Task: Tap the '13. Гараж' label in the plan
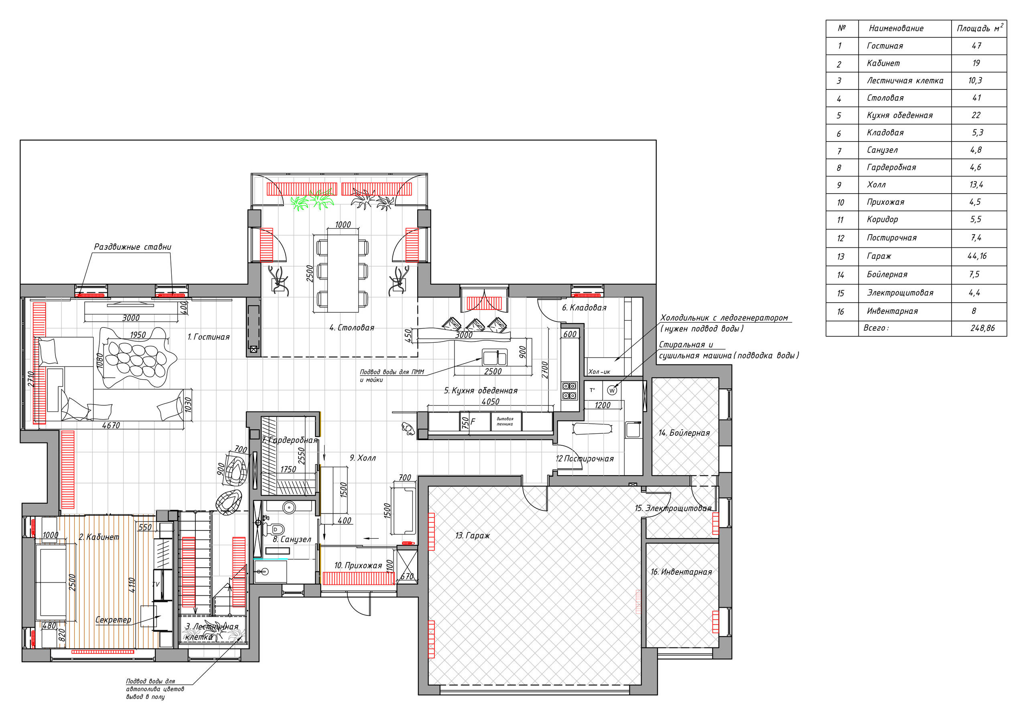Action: click(472, 536)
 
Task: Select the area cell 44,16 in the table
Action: click(976, 256)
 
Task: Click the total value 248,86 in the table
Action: click(982, 328)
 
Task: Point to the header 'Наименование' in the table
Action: click(896, 28)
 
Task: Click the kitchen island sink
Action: click(495, 358)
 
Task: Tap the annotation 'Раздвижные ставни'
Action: click(132, 247)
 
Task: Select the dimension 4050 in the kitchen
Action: click(490, 401)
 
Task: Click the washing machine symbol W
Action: click(612, 390)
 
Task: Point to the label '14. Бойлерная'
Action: click(684, 433)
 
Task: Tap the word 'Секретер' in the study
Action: click(113, 620)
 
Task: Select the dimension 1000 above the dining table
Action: click(343, 224)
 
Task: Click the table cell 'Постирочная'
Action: click(891, 238)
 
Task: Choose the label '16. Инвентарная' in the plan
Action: click(681, 572)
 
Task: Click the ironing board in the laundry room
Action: click(592, 429)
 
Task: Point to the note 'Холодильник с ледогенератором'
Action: click(724, 318)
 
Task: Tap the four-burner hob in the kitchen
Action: click(569, 390)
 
